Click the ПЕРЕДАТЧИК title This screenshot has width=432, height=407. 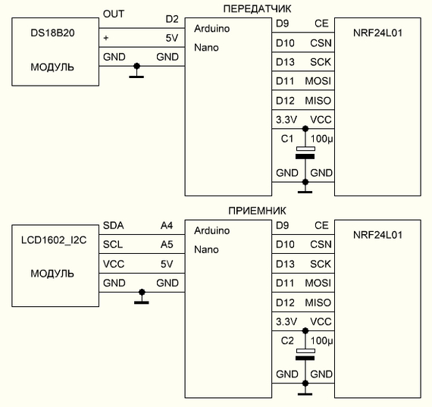click(257, 9)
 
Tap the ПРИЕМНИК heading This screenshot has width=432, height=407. click(257, 211)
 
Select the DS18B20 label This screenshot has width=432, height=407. click(52, 33)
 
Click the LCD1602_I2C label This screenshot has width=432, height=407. click(54, 240)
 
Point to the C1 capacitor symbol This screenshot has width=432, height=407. click(305, 152)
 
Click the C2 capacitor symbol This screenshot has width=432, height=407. click(305, 355)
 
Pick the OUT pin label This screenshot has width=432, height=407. click(114, 14)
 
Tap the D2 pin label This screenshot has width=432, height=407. click(172, 19)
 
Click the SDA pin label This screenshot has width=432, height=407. click(113, 225)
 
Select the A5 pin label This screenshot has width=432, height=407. click(167, 244)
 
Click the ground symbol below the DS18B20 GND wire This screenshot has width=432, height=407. click(136, 71)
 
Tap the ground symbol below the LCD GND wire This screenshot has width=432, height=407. click(142, 297)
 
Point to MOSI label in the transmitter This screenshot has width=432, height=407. click(318, 81)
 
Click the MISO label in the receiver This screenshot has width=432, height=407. click(318, 302)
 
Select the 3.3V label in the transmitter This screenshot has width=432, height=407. click(286, 120)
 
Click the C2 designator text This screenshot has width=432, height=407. click(287, 340)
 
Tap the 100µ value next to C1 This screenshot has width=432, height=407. click(322, 139)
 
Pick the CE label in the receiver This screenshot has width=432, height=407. click(321, 225)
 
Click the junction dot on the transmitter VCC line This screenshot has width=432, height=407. click(305, 129)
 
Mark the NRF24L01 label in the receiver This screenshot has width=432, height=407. click(377, 235)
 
